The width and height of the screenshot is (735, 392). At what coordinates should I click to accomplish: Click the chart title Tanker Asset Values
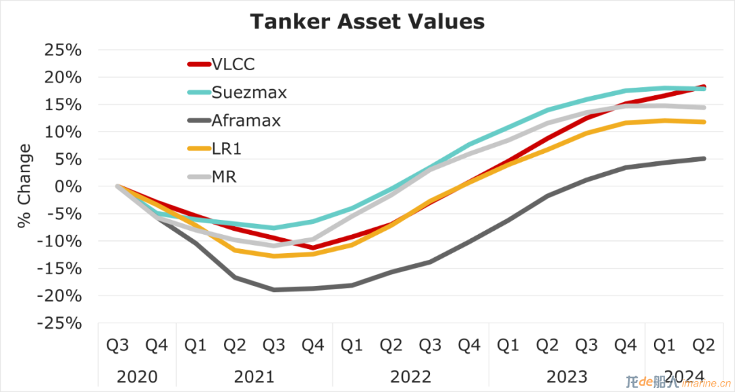coord(367,22)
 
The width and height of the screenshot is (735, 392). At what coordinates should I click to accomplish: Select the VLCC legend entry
coord(221,64)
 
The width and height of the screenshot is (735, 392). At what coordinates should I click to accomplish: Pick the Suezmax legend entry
coord(238,93)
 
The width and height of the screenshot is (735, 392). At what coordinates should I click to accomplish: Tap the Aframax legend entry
coord(234,120)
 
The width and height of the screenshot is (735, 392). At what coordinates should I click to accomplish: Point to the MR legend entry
coord(212,177)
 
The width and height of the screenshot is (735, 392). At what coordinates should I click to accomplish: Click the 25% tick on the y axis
coord(63,50)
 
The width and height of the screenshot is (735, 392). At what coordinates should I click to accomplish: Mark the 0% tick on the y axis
coord(69,186)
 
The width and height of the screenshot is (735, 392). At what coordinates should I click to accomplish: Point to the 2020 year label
coord(137,376)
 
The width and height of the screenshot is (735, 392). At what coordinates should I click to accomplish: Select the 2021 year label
coord(254,376)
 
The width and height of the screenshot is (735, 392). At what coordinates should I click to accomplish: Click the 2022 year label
coord(410,376)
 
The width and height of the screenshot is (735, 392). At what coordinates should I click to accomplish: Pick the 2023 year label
coord(567,376)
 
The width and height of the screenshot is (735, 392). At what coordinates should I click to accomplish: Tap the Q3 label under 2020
coord(117,346)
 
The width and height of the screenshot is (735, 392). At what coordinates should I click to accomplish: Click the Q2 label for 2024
coord(704,346)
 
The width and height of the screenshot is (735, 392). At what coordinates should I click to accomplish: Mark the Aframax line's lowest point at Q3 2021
coord(274,290)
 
